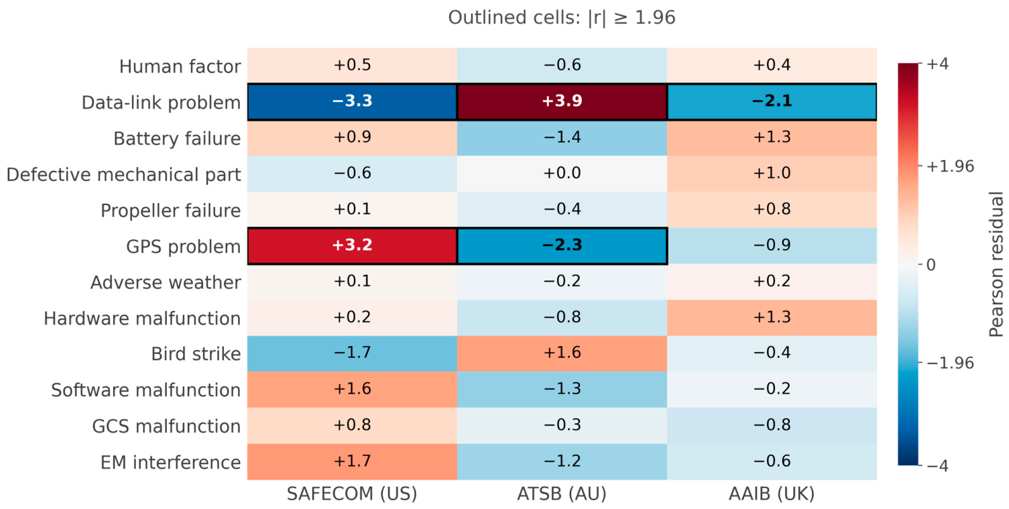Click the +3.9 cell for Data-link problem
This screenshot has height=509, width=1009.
click(562, 101)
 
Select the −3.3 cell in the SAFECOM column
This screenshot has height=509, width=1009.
click(352, 101)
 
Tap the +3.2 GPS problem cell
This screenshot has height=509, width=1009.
click(352, 245)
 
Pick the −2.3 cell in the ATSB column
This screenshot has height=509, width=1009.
click(562, 245)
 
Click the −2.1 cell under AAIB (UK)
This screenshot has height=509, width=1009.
click(772, 101)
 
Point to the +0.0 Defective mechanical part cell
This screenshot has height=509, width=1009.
click(562, 174)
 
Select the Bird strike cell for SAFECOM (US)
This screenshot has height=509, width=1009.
click(352, 353)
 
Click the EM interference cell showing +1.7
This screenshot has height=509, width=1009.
click(352, 461)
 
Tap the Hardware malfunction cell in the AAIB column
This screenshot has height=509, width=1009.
click(772, 318)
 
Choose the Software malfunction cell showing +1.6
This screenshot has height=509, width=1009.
click(352, 389)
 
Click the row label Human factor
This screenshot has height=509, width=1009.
click(180, 66)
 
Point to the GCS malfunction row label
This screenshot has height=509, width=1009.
click(166, 426)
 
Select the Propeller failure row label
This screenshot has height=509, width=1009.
click(170, 211)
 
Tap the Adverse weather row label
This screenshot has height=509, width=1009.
click(166, 282)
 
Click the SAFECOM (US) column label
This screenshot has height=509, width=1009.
click(352, 494)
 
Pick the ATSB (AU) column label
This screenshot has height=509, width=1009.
click(562, 494)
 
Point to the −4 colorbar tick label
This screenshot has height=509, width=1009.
click(937, 465)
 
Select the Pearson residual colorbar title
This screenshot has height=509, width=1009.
click(996, 264)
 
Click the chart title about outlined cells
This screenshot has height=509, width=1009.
click(562, 17)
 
